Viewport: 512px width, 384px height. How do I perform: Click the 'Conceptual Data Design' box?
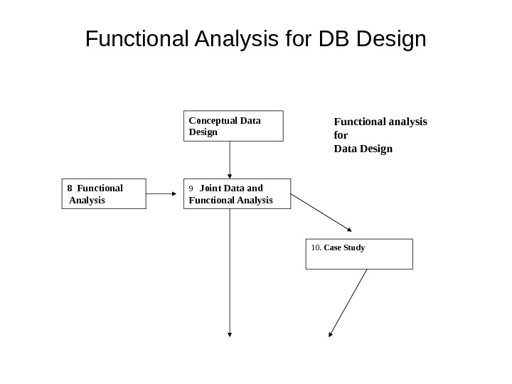tap(233, 126)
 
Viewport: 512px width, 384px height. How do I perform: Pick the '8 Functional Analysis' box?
tap(103, 193)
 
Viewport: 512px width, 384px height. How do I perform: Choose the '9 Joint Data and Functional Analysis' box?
tap(238, 193)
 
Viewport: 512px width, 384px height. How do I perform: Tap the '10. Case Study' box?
tap(359, 254)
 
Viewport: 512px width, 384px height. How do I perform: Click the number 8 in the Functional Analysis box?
tap(70, 188)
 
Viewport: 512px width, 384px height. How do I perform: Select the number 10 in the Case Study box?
tap(316, 248)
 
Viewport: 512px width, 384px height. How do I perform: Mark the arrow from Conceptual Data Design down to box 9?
tap(230, 160)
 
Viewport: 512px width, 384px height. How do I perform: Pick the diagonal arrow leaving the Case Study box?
tap(348, 302)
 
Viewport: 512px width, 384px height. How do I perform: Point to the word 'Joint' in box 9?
tap(212, 188)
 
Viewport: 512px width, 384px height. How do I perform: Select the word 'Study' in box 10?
tap(355, 248)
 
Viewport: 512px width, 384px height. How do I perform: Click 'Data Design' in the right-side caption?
tap(363, 149)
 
